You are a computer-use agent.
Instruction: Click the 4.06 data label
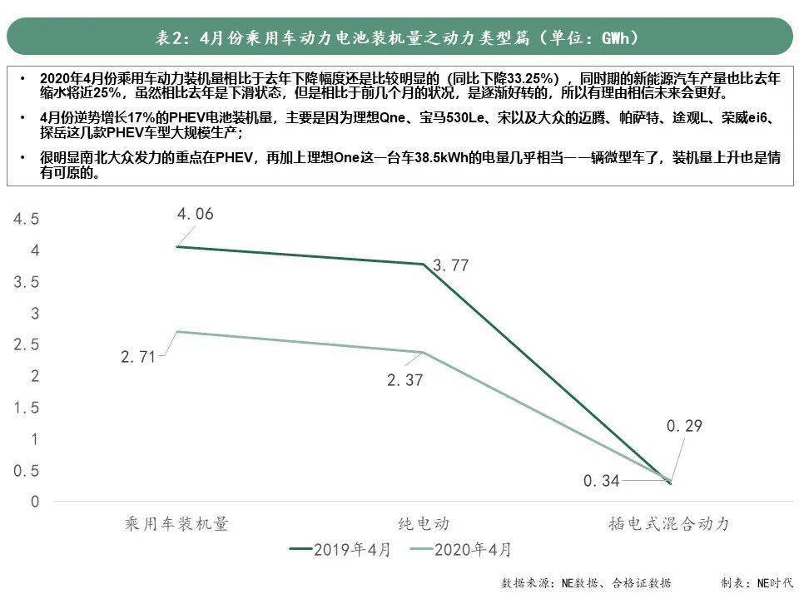(195, 214)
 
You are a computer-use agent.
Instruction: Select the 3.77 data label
(451, 266)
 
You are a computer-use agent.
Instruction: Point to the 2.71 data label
(138, 358)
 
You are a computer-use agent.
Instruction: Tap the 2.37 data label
(405, 381)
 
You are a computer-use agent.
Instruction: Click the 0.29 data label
(684, 427)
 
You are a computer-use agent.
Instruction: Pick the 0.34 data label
(602, 481)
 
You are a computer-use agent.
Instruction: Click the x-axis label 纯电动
(423, 523)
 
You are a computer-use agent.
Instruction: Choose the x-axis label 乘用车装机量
(176, 523)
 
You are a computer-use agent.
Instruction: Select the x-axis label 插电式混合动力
(669, 523)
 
